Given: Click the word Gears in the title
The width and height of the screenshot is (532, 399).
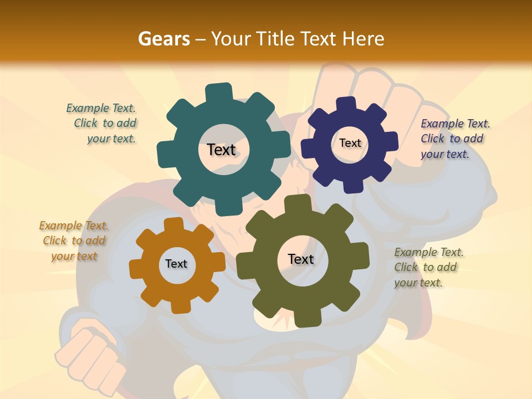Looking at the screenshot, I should [164, 39].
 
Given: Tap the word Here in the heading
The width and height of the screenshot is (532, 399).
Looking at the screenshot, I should [363, 39].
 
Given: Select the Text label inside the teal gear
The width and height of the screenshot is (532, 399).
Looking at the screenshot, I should [221, 150].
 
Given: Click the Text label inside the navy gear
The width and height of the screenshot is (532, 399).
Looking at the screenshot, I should [350, 143].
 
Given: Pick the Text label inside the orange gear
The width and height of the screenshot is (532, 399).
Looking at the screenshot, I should [176, 264].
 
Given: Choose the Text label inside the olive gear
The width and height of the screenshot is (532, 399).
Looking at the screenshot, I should [301, 259].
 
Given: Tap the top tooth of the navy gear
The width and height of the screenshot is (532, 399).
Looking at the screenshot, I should [346, 105].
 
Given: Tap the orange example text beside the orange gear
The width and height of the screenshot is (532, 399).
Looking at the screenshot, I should [74, 241].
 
